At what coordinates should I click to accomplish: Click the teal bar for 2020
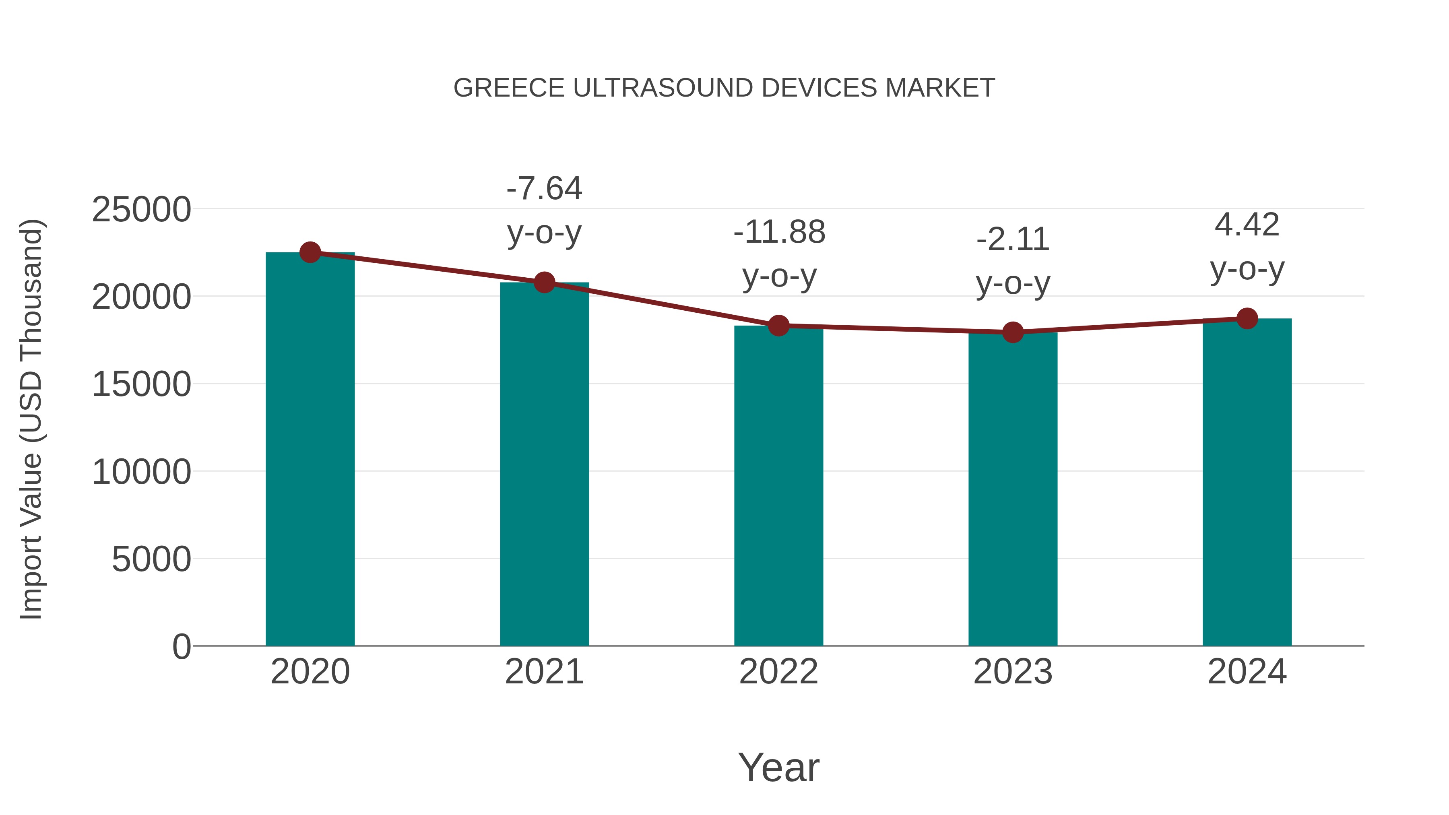pos(310,450)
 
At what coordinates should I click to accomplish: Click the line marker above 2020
pos(310,252)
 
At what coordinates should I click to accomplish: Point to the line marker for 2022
pos(778,325)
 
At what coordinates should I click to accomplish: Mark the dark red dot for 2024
pos(1247,318)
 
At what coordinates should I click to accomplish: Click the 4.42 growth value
pos(1247,225)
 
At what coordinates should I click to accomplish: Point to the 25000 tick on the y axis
pos(141,210)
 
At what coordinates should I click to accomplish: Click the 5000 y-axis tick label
pos(151,560)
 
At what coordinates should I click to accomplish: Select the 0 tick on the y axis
pos(181,647)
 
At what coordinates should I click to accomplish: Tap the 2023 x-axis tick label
pos(1013,672)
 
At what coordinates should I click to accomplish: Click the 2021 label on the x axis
pos(544,672)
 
